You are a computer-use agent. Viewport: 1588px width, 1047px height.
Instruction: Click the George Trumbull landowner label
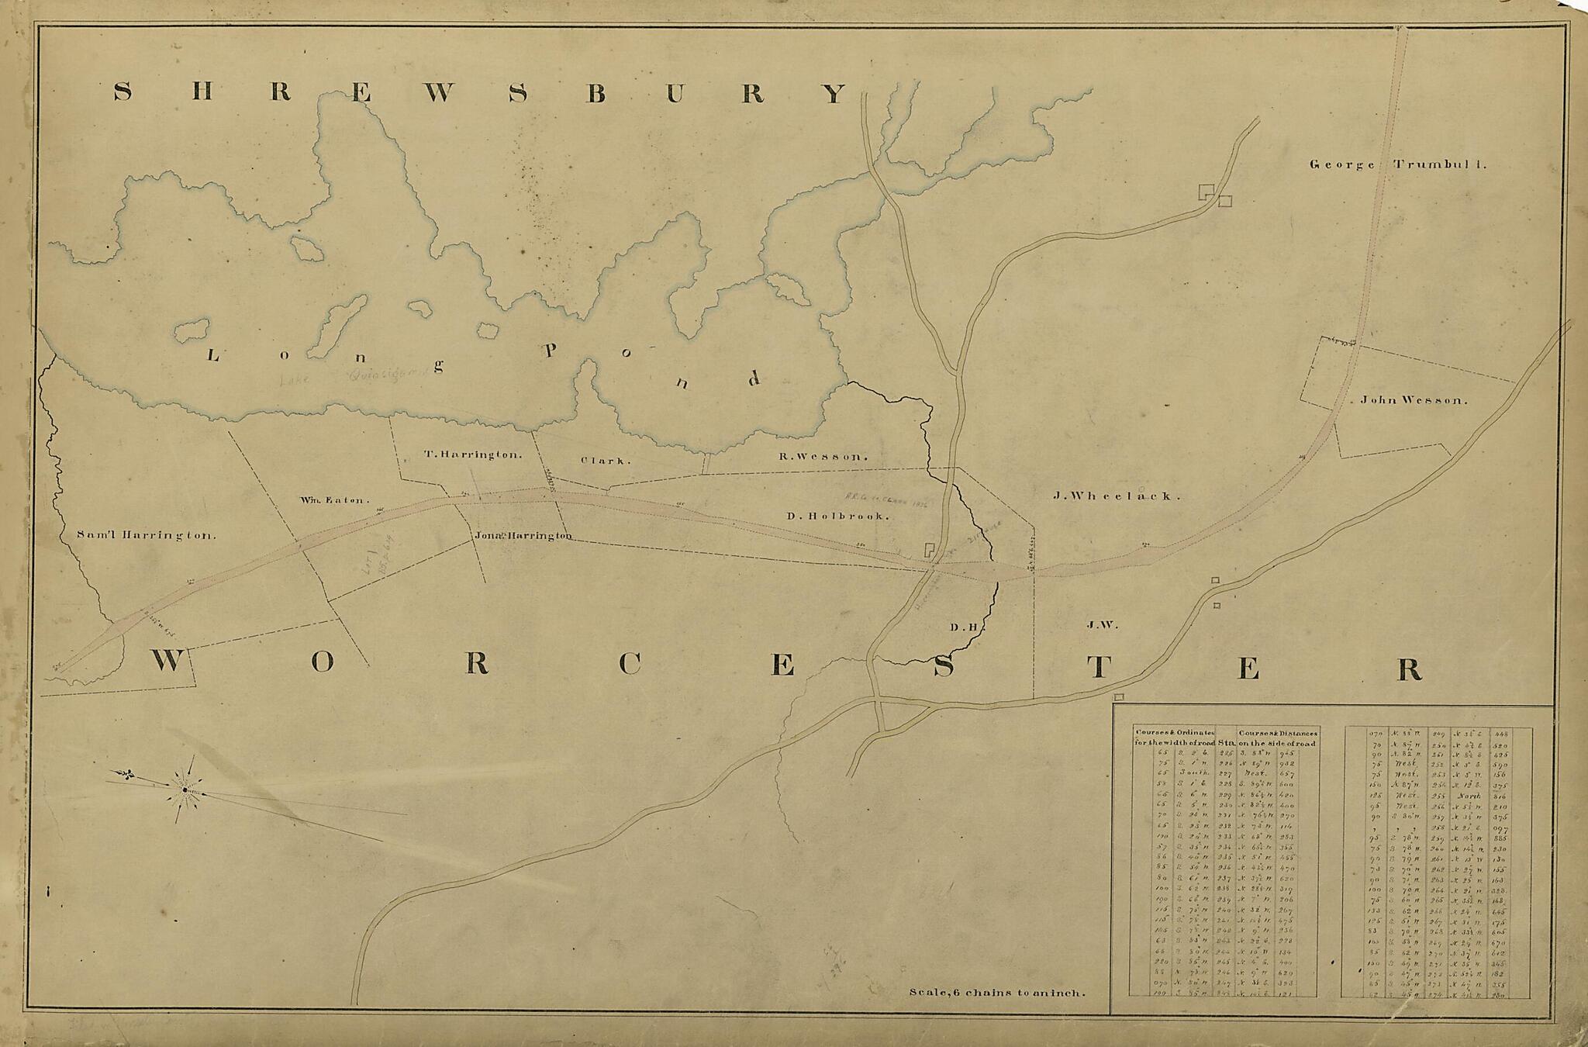click(x=1397, y=164)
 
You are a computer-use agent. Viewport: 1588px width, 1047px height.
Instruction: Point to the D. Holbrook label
click(x=837, y=516)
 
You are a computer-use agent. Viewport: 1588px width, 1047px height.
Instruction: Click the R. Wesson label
click(x=822, y=457)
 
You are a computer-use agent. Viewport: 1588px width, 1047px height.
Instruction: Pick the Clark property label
click(x=606, y=461)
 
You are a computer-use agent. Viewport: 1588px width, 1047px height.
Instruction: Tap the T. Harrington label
click(x=473, y=455)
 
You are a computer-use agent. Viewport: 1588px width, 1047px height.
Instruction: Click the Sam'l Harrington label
click(x=147, y=535)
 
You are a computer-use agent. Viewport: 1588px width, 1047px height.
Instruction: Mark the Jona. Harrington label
click(x=523, y=536)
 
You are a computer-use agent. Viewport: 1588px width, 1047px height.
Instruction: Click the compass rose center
click(x=185, y=790)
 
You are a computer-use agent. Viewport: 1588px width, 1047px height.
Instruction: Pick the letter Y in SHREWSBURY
click(x=833, y=94)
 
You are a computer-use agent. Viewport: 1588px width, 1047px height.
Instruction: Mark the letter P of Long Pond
click(x=550, y=351)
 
